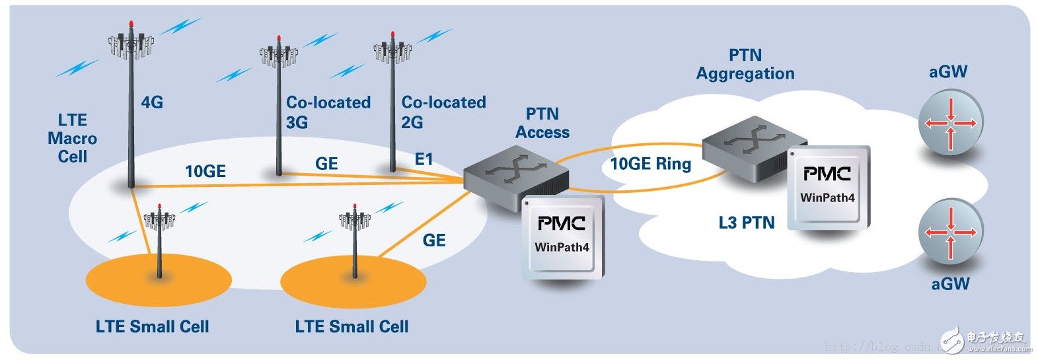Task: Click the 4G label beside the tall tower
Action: tap(152, 102)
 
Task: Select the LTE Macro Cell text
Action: tap(73, 139)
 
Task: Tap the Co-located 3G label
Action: tap(328, 112)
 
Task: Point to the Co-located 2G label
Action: tap(443, 112)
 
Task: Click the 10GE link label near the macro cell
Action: tap(205, 172)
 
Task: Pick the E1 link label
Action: tap(424, 159)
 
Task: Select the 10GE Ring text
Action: tap(650, 164)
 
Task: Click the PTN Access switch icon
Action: tap(515, 175)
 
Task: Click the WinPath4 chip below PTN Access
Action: tap(563, 236)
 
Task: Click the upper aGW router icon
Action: tap(950, 123)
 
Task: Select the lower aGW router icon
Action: tap(950, 233)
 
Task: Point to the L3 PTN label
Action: tap(746, 223)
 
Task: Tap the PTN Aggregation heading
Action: tap(745, 64)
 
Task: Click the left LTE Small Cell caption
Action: tap(152, 326)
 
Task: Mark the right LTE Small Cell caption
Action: tap(352, 326)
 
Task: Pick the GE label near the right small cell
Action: tap(433, 240)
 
